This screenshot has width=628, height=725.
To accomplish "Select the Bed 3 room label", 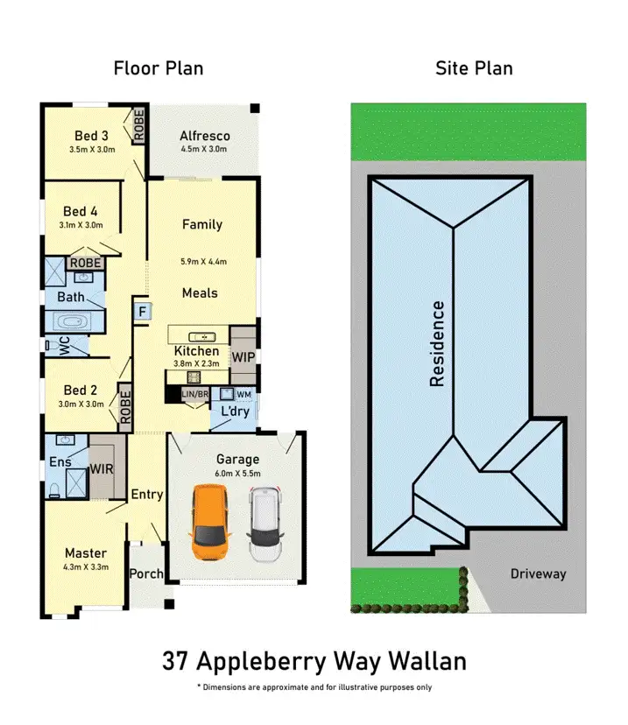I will (92, 136).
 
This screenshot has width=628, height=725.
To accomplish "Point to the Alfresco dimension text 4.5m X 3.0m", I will (203, 150).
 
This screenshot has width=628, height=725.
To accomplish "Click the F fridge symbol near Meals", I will (140, 311).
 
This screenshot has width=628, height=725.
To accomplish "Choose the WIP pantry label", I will (243, 357).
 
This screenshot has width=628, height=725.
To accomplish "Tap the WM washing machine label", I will (243, 395).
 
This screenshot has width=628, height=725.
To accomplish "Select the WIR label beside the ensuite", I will (102, 468).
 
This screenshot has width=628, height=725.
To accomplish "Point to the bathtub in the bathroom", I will (70, 320).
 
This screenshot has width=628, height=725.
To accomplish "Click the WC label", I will (64, 347).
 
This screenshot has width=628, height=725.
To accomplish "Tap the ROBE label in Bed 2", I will (125, 407).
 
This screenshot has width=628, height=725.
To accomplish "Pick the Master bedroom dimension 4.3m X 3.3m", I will (85, 567).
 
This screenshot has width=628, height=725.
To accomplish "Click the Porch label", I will (146, 574).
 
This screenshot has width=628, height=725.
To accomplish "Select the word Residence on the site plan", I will (437, 343).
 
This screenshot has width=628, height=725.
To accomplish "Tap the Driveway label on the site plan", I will (539, 574).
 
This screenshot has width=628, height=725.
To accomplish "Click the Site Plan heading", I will (474, 68).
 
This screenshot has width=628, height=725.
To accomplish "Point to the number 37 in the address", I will (173, 662).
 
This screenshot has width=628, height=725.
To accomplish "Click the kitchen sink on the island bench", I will (202, 336).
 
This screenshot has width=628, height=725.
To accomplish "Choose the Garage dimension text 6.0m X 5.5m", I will (237, 474).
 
